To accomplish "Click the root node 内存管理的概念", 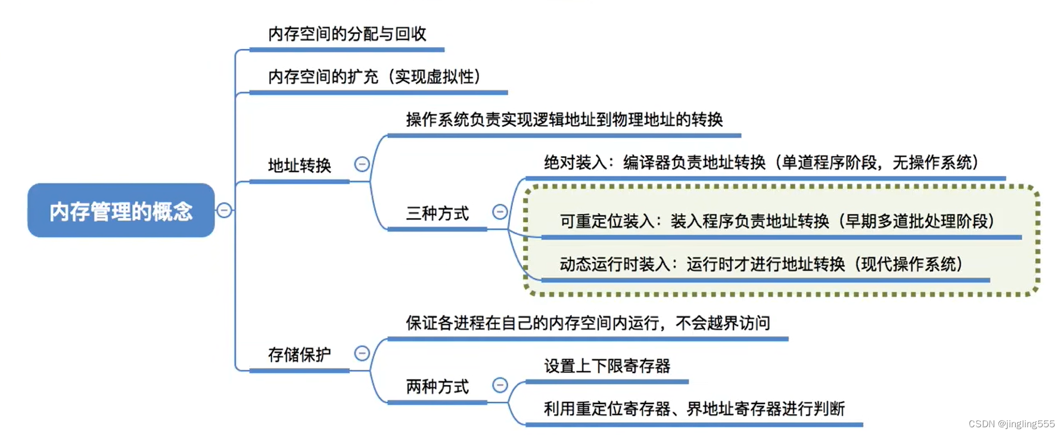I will (x=121, y=211).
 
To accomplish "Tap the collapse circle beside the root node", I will (x=224, y=210).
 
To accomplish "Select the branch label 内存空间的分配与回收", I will (x=347, y=34).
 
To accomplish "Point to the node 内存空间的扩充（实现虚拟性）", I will (x=374, y=77).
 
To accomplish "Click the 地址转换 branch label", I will (x=299, y=165).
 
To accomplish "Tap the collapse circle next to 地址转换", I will (x=362, y=164).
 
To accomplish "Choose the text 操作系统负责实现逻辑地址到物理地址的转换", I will (x=564, y=120).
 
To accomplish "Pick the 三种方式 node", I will (x=437, y=213).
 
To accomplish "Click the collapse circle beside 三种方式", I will (x=500, y=212).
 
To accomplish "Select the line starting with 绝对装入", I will (x=761, y=162).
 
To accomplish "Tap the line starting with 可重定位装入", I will (x=777, y=221).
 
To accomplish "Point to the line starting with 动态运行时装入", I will (x=761, y=264).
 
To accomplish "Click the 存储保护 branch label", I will (x=299, y=355).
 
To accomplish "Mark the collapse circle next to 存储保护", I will (x=362, y=353).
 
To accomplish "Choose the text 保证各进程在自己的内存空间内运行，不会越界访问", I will (x=587, y=323).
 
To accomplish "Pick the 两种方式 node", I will (x=437, y=387).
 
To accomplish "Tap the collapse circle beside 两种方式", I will (x=500, y=386).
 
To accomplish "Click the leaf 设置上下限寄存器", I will (x=606, y=366).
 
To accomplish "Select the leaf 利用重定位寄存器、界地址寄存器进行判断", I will (x=694, y=409).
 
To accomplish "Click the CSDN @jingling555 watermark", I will (x=1011, y=424).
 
